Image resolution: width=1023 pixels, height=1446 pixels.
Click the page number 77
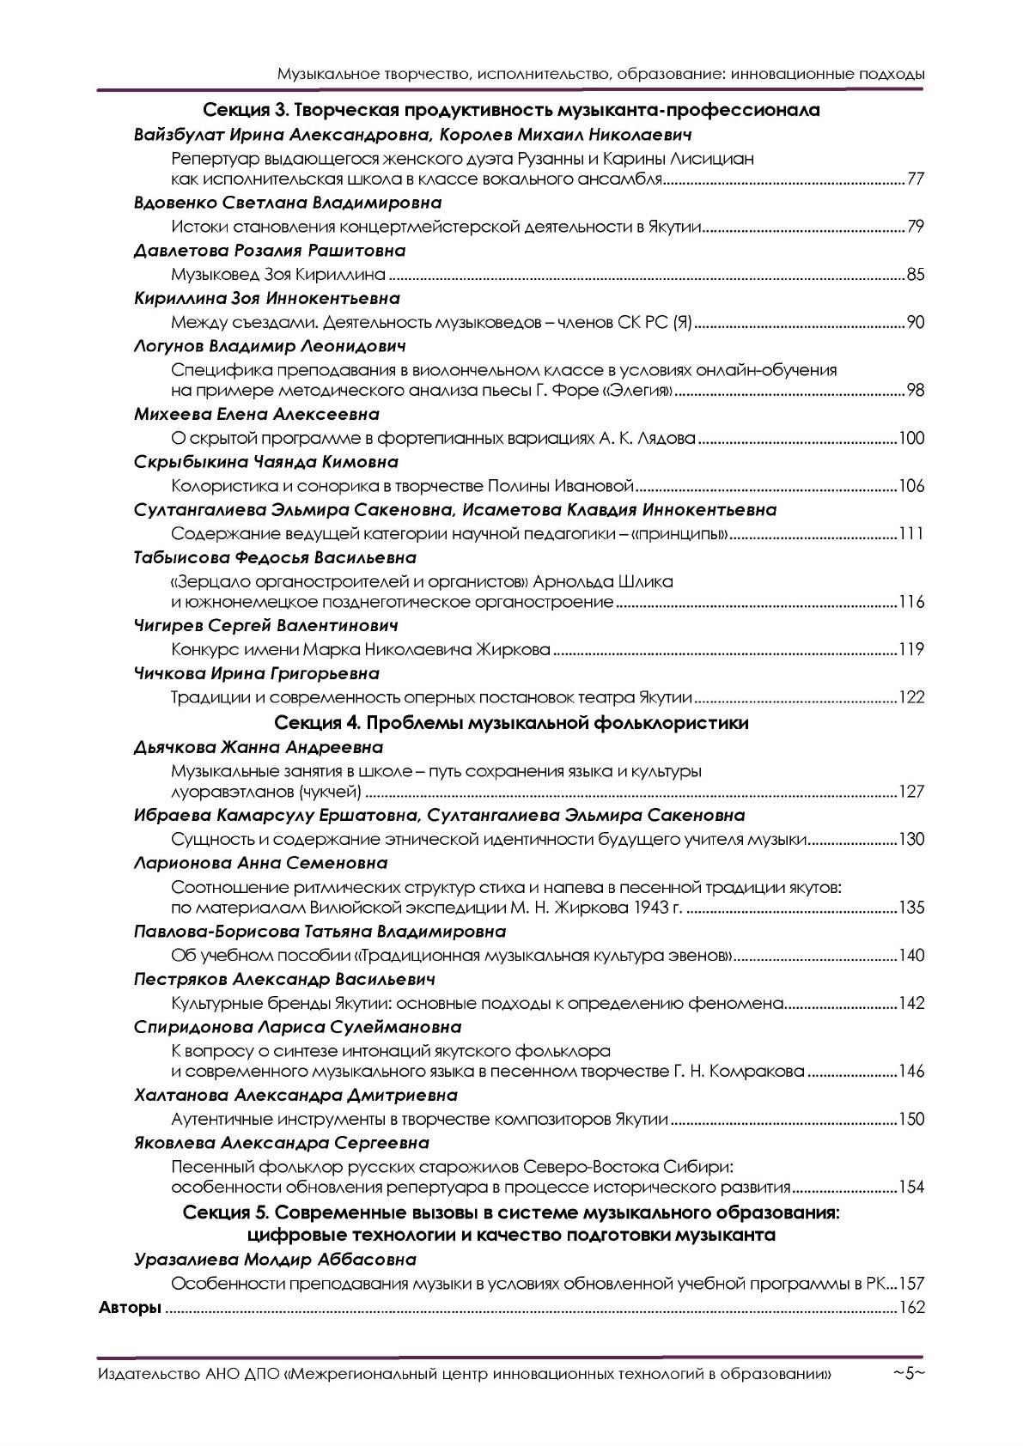[915, 179]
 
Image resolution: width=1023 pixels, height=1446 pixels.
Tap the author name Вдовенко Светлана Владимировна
[288, 203]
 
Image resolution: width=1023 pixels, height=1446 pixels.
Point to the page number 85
[915, 276]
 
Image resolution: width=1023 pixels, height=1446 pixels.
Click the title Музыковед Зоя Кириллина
[278, 276]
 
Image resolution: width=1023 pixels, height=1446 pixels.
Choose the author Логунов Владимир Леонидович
[270, 346]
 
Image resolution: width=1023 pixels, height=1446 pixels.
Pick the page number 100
[910, 439]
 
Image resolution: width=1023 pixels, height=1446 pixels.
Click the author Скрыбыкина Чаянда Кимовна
[266, 462]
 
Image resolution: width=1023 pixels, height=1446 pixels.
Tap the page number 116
[910, 601]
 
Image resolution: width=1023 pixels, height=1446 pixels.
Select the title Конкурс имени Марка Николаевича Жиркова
[361, 649]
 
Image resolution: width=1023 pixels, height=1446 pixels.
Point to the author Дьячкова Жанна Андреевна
[259, 747]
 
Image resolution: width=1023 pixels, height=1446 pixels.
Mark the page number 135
[910, 908]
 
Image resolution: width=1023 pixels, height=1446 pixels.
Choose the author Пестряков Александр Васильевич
[284, 979]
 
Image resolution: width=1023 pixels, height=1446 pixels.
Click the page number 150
[910, 1119]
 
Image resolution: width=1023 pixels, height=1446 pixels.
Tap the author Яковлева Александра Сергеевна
[282, 1143]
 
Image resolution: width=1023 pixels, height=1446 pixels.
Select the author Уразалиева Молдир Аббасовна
[275, 1260]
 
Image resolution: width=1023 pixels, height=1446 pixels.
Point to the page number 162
[910, 1308]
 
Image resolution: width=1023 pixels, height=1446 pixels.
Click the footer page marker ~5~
[908, 1374]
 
